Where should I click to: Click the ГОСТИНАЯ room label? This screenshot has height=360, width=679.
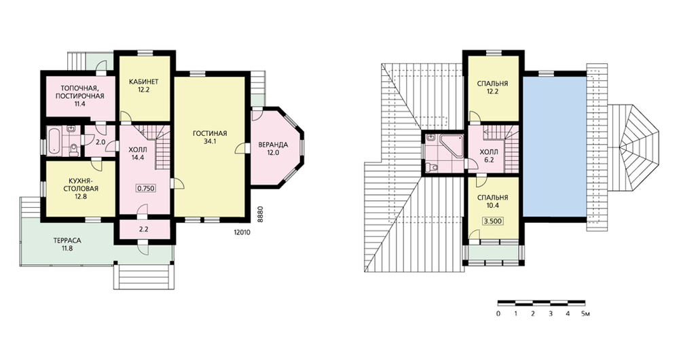[210, 133]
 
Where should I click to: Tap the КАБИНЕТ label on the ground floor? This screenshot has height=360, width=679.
[144, 82]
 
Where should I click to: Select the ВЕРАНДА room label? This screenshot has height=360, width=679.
[273, 145]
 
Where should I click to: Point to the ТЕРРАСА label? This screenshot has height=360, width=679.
[67, 240]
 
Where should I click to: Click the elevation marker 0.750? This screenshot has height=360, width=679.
[146, 188]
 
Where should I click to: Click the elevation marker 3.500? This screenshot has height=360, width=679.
[493, 221]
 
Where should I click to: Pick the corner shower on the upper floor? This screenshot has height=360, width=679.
[450, 143]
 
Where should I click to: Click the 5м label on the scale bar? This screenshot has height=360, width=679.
[585, 314]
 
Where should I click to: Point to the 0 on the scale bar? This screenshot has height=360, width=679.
[498, 314]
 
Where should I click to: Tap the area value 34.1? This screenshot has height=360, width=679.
[210, 141]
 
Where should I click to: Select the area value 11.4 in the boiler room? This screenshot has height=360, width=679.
[79, 104]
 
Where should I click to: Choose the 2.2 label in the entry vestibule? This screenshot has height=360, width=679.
[144, 230]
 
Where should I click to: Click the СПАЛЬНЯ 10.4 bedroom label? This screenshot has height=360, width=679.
[493, 201]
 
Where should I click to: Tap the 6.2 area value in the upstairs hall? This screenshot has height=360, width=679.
[489, 160]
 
